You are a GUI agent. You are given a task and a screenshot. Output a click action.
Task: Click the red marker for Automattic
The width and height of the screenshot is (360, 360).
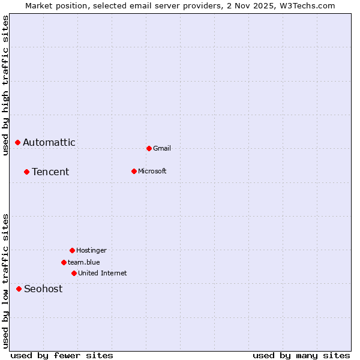(17, 142)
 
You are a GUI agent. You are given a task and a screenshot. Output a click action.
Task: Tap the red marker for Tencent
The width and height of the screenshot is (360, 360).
(26, 172)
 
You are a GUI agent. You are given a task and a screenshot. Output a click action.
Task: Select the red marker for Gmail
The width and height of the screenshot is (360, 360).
(149, 148)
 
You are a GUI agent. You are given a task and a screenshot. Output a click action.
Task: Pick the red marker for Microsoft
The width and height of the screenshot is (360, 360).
(134, 171)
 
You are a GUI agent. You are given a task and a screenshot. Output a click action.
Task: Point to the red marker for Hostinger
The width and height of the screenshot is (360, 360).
(72, 250)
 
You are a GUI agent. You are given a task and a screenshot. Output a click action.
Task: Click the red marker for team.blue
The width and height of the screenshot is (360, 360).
(64, 262)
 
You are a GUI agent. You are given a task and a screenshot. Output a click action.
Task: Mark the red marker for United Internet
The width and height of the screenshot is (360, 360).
(74, 273)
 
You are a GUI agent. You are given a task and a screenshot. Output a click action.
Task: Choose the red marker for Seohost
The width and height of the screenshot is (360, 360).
(19, 289)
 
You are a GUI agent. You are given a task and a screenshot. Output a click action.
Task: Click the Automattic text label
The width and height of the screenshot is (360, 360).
(49, 143)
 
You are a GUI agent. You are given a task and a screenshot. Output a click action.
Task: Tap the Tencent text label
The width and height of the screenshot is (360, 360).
(50, 172)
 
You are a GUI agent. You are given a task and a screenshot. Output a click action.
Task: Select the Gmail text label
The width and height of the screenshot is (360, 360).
(162, 149)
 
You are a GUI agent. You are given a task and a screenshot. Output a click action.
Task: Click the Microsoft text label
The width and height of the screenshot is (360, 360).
(152, 172)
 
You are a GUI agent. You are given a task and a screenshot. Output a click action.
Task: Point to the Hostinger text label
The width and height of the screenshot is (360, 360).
(91, 251)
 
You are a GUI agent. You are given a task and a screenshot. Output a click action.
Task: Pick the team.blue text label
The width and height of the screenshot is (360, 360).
(84, 263)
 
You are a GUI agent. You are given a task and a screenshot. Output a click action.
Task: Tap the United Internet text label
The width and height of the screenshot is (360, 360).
(103, 274)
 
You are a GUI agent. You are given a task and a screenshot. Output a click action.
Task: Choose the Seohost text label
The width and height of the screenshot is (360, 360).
(43, 289)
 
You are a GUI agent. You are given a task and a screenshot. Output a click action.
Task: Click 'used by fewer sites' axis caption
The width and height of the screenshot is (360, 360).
(62, 356)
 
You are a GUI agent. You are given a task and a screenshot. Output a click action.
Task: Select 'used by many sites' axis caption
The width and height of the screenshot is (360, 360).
(301, 356)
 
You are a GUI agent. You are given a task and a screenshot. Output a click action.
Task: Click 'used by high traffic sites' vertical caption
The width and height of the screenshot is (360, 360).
(6, 85)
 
